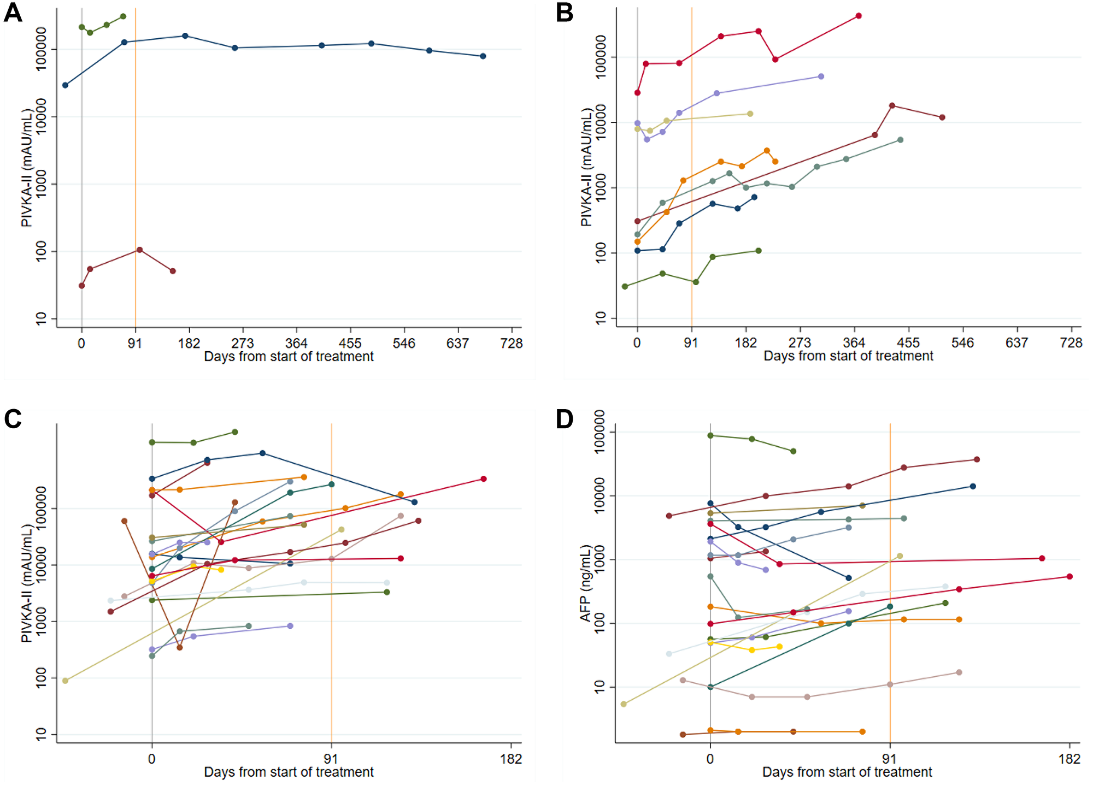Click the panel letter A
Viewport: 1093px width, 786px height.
click(x=13, y=13)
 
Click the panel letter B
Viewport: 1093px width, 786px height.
click(x=565, y=13)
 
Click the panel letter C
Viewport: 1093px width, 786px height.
click(x=13, y=419)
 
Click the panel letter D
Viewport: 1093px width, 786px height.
click(x=565, y=419)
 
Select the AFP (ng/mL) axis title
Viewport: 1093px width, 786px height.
click(x=586, y=583)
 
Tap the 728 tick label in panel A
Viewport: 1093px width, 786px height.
click(x=512, y=343)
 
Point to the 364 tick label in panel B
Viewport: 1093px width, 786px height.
click(x=854, y=342)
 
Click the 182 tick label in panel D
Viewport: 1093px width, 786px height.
click(x=1069, y=759)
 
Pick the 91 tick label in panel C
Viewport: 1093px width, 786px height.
click(x=331, y=759)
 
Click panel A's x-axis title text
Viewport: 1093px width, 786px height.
click(x=289, y=357)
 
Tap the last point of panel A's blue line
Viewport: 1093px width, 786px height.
click(x=483, y=56)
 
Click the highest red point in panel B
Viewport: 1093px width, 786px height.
click(x=859, y=16)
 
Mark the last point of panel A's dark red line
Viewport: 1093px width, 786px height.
click(x=173, y=271)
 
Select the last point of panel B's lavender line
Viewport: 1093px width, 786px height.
click(x=821, y=76)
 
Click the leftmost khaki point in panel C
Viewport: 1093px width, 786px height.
click(x=65, y=681)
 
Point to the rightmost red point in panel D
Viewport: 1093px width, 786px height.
click(x=1070, y=576)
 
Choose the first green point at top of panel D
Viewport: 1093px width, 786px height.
click(x=710, y=435)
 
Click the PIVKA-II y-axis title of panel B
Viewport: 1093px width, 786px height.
click(x=586, y=167)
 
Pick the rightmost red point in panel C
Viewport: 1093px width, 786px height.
click(x=483, y=479)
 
